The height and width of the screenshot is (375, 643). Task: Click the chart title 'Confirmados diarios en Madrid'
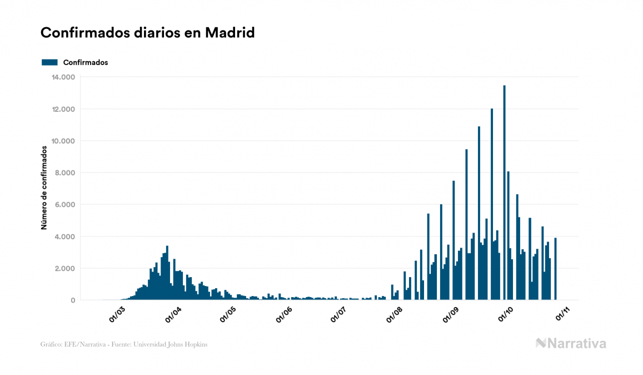147,33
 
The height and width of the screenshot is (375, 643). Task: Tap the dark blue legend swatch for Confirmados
49,62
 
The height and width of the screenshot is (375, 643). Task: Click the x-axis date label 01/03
117,314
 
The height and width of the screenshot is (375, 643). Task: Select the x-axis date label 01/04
173,314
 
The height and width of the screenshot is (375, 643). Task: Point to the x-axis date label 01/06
284,314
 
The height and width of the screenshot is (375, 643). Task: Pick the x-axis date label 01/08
395,314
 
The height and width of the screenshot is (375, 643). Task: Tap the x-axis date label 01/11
561,314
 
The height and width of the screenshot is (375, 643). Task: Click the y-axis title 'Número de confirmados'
43,187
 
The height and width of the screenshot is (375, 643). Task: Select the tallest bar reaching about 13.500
504,195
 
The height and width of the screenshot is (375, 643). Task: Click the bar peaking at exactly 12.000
492,206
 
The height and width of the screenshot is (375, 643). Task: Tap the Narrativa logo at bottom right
571,343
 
